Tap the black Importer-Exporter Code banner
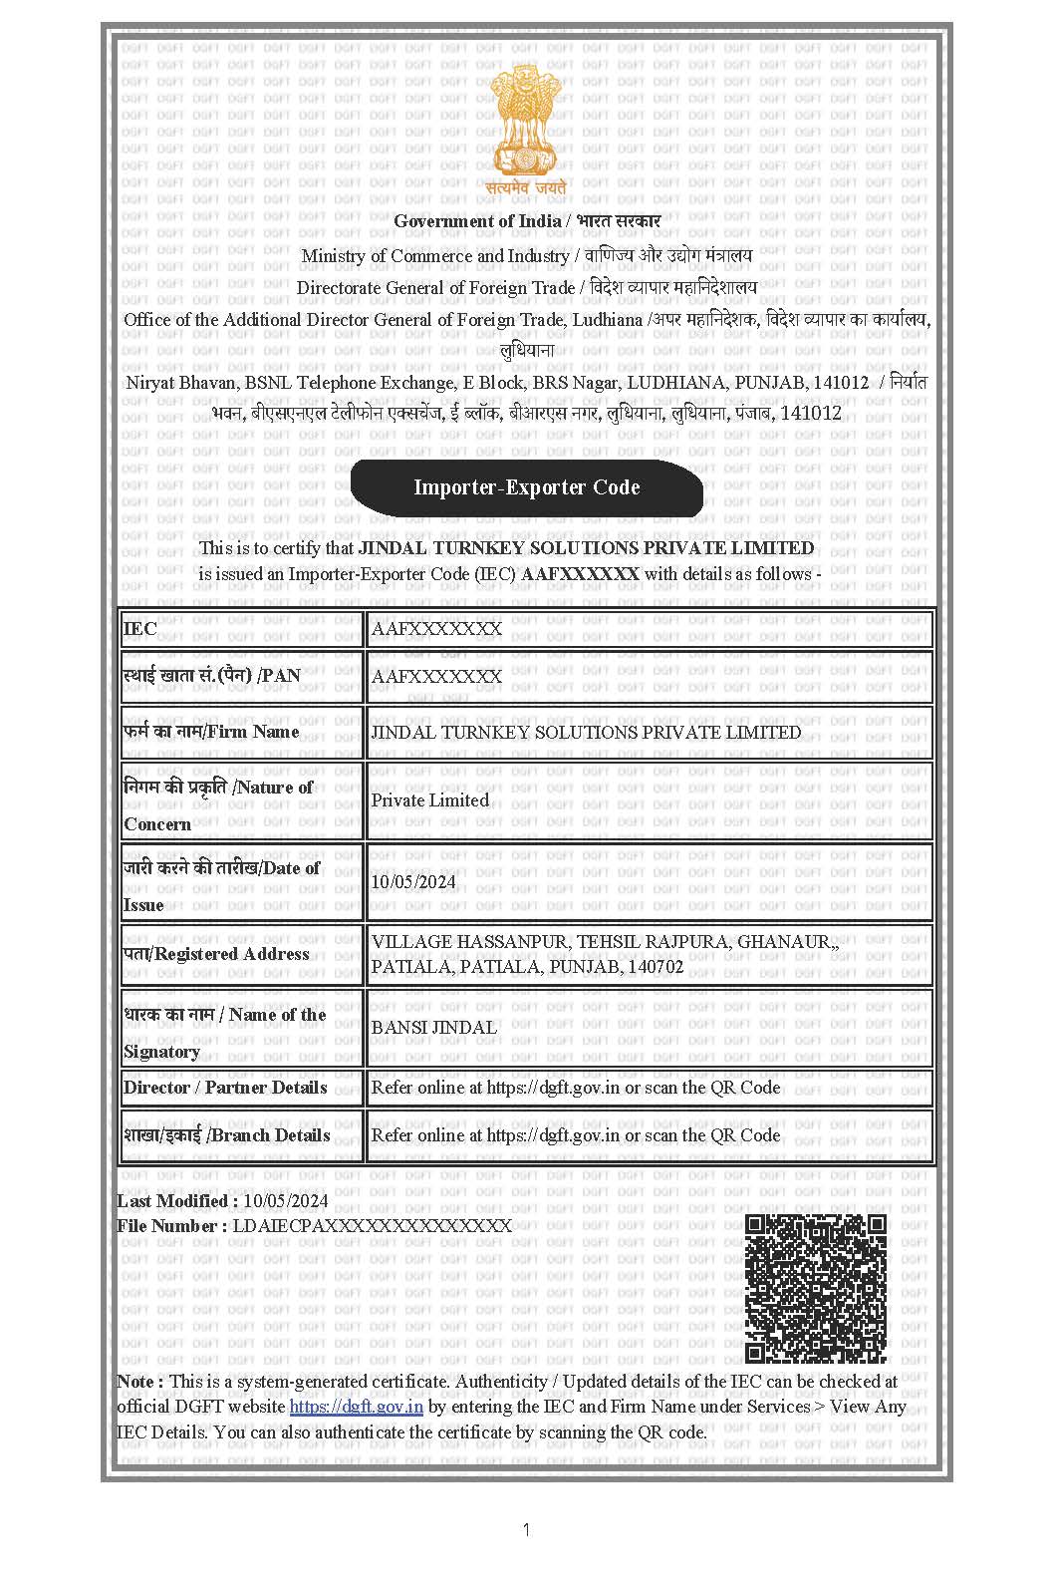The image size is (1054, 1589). [526, 487]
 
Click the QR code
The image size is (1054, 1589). [816, 1288]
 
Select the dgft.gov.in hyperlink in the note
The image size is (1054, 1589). [356, 1407]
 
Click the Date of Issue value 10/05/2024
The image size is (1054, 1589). [413, 881]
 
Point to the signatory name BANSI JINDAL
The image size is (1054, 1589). [433, 1027]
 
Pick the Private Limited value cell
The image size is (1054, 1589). [430, 799]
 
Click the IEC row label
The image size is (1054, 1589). [139, 629]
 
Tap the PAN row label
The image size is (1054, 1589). [212, 676]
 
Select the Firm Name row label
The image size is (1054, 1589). [211, 732]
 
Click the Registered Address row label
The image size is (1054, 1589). [216, 954]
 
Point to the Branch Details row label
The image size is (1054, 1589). [227, 1135]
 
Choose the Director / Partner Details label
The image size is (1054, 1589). [225, 1088]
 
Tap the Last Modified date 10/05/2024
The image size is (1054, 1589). [285, 1201]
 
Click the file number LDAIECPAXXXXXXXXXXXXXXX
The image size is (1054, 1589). [372, 1226]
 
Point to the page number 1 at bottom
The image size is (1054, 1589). [526, 1530]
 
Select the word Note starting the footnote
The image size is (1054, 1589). [135, 1382]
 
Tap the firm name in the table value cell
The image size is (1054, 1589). [586, 732]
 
